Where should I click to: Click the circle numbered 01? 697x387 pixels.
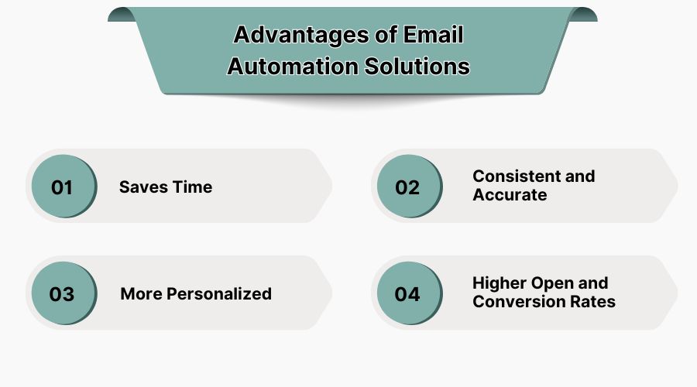pos(62,187)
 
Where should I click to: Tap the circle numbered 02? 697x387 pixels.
pos(407,187)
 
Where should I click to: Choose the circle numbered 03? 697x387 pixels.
pos(62,294)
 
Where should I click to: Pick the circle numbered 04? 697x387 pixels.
pos(407,294)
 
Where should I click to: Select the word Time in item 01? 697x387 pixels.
pos(192,187)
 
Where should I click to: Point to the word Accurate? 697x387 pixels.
pos(510,195)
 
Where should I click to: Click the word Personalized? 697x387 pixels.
pos(219,294)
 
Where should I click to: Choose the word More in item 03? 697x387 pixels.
pos(141,294)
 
